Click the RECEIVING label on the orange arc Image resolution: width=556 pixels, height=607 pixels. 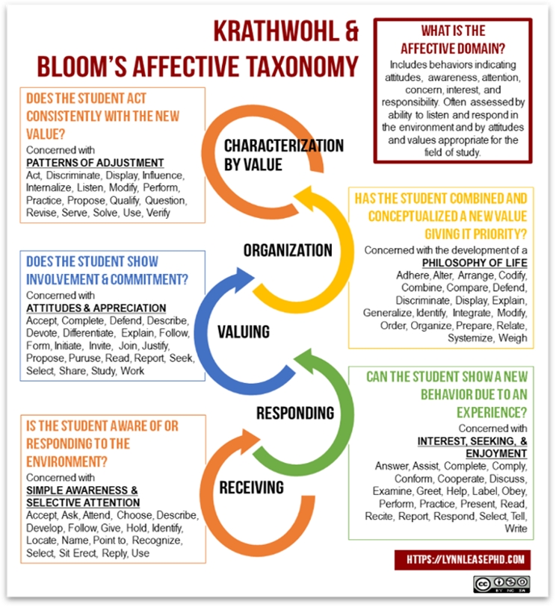pos(251,488)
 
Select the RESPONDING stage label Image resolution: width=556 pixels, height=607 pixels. pos(294,413)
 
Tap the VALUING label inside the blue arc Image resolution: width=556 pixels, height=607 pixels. pos(243,331)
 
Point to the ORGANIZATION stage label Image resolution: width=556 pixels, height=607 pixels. pos(288,250)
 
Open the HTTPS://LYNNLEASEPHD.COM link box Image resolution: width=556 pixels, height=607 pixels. pos(463,558)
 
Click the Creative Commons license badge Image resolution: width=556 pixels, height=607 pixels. pos(501,583)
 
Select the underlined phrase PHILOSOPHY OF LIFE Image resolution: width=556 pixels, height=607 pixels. pos(474,263)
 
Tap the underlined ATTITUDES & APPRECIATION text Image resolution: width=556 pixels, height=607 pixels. pos(96,308)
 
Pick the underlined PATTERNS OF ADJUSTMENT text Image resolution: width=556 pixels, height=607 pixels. pos(95,163)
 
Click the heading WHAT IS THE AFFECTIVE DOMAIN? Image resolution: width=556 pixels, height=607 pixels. pos(454,40)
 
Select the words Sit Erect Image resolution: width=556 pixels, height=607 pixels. pos(81,553)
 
